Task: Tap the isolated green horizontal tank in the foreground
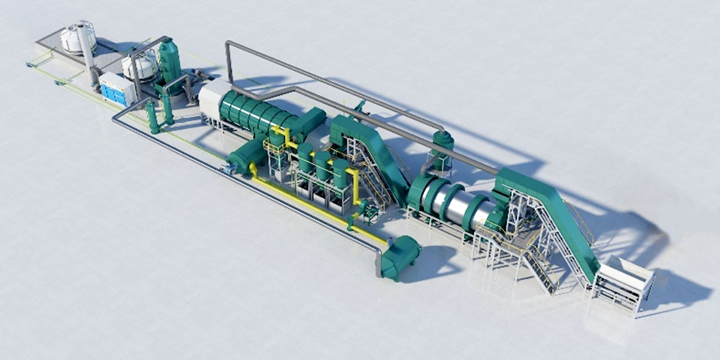[400, 257]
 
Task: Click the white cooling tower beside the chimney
[76, 37]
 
